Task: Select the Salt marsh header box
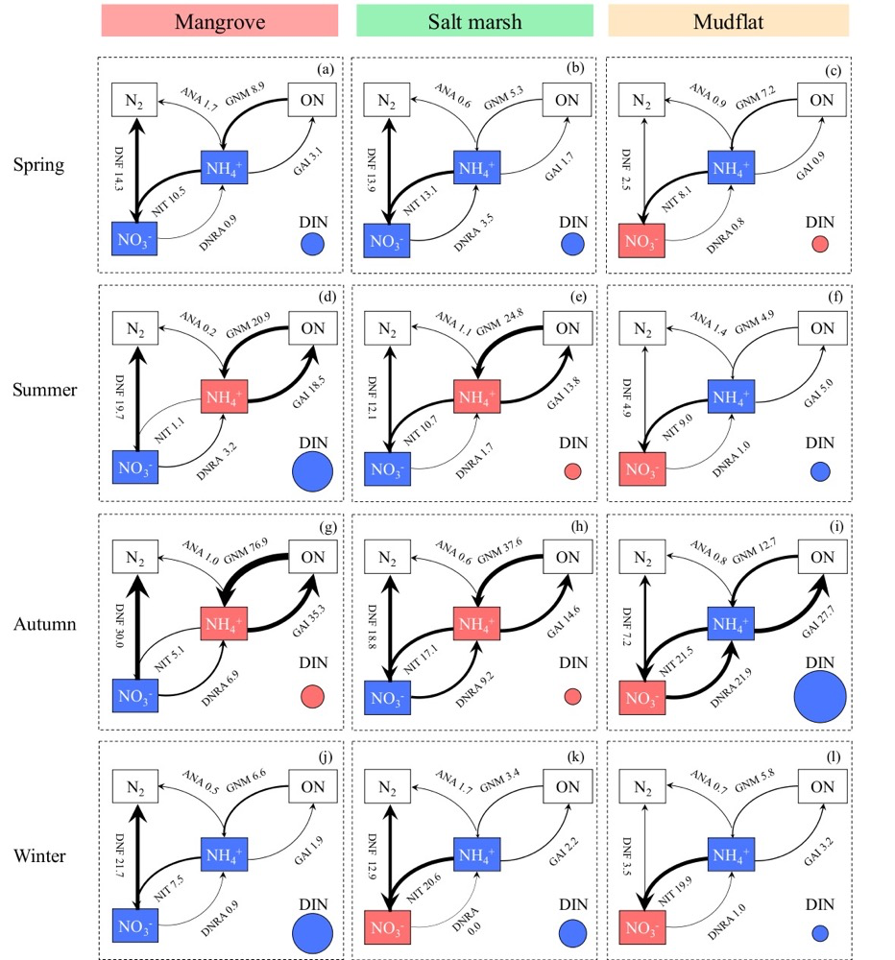pyautogui.click(x=473, y=21)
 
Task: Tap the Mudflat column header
pyautogui.click(x=728, y=21)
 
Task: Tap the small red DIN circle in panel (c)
pyautogui.click(x=819, y=244)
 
